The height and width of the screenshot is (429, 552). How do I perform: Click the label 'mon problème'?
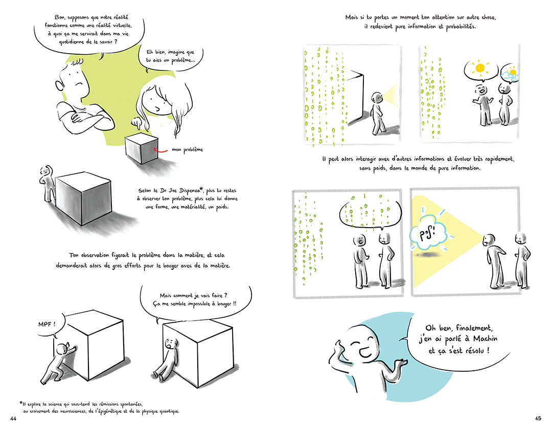pyautogui.click(x=188, y=150)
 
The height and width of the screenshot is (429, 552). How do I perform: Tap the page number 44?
pyautogui.click(x=13, y=419)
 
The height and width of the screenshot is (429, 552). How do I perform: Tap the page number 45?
pyautogui.click(x=538, y=419)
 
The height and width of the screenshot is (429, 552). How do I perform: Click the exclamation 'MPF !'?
pyautogui.click(x=47, y=325)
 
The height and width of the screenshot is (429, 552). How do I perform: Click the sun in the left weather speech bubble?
pyautogui.click(x=480, y=67)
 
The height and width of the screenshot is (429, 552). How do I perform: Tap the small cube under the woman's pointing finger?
pyautogui.click(x=141, y=149)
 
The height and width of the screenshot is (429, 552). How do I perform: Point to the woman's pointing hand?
pyautogui.click(x=136, y=123)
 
